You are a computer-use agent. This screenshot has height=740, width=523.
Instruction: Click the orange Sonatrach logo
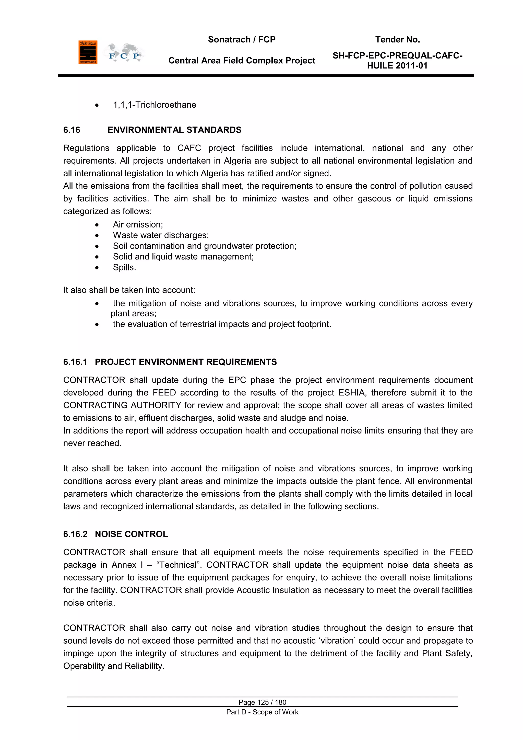pos(88,52)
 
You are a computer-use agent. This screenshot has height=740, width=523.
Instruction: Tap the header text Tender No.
pos(397,40)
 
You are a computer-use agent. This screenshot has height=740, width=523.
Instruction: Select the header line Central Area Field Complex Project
pos(242,61)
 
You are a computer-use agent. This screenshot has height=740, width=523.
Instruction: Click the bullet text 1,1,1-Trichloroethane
pos(154,105)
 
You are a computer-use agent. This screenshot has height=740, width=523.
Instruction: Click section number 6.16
pos(72,130)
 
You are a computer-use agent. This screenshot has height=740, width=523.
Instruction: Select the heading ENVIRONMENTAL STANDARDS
pos(174,130)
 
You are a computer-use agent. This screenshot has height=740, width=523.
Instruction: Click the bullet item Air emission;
pos(138,225)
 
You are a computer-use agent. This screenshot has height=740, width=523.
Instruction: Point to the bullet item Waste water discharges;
pos(161,235)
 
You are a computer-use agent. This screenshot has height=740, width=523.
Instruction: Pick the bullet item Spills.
pos(124,268)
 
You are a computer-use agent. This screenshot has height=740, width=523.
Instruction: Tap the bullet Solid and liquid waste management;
pos(183,257)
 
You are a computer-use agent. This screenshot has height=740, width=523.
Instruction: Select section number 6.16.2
pos(75,534)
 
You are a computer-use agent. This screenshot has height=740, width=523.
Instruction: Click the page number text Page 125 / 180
pos(262,702)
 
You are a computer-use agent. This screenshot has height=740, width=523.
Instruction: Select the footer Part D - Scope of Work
pos(262,712)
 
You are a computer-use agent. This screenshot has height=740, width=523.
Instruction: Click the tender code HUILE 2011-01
pos(397,66)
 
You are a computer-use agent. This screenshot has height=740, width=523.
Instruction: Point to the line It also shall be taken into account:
pos(129,290)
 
